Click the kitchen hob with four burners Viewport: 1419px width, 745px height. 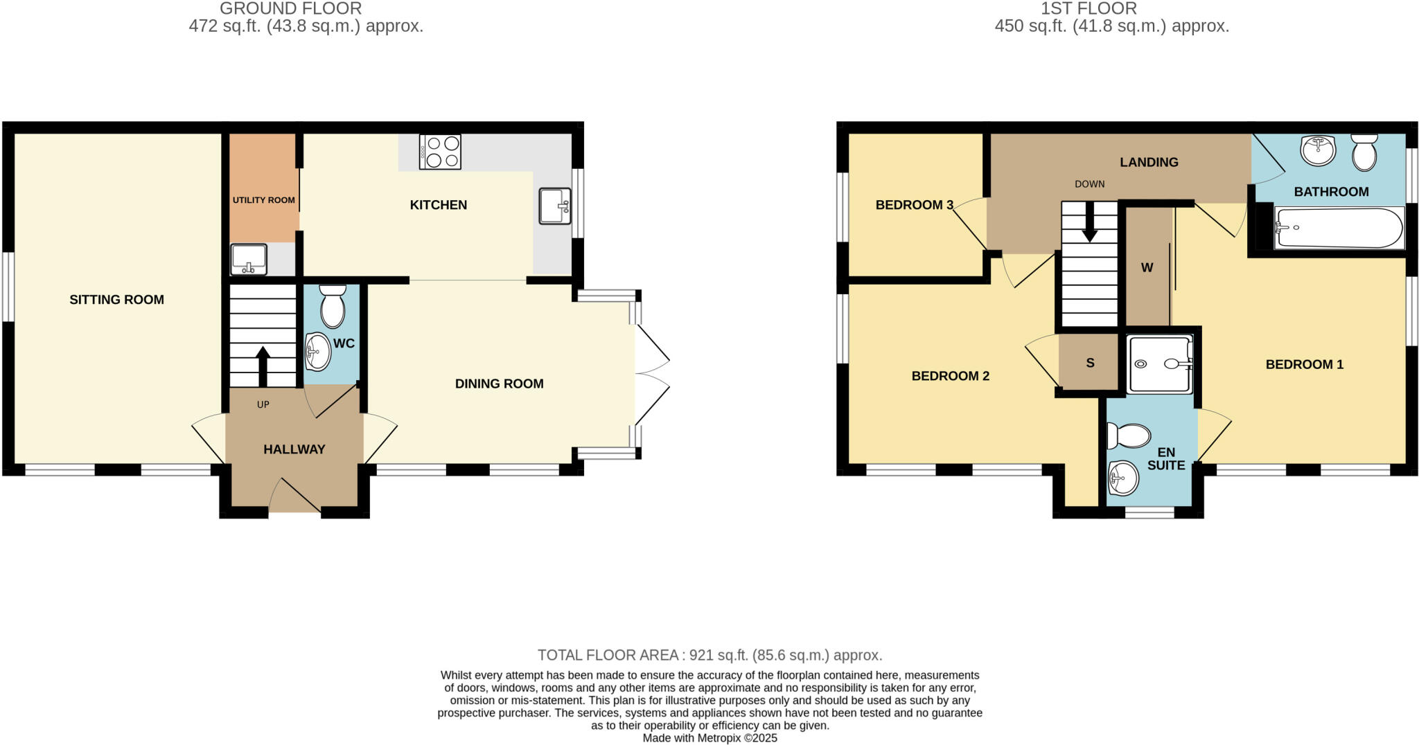(440, 152)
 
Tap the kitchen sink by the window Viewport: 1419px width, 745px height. (554, 206)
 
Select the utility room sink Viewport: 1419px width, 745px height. (248, 259)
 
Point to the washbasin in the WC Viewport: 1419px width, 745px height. (318, 352)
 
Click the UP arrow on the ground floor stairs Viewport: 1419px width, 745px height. (263, 366)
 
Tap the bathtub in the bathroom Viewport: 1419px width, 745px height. (1337, 228)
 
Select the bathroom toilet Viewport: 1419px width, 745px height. (1364, 152)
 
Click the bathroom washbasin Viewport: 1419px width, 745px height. (1317, 150)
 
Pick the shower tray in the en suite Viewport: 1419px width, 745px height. (1160, 363)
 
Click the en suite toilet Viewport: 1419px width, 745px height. (1129, 436)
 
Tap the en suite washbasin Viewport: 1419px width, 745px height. (1123, 478)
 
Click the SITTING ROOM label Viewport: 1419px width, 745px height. (116, 300)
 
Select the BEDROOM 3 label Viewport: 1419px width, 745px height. (914, 205)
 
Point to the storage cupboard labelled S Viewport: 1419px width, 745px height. (1090, 363)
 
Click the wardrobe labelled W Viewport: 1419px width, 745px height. (1147, 267)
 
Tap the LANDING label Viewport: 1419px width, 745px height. (1149, 162)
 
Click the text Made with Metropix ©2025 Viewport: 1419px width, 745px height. (709, 738)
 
